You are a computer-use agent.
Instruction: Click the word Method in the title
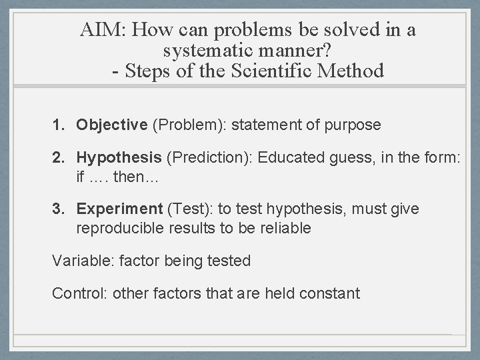354,70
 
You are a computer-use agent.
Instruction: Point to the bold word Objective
111,125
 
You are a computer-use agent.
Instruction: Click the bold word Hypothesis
119,158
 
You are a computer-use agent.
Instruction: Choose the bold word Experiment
119,209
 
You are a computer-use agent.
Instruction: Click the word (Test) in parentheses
191,209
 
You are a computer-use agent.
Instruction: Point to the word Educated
289,158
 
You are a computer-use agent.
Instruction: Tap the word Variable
82,261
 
